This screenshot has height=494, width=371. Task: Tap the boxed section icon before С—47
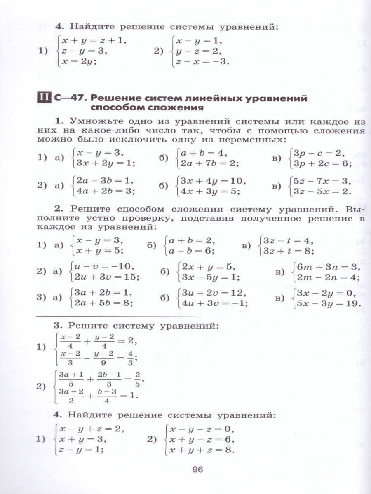pos(43,98)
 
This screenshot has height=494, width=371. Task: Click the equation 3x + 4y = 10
pos(210,181)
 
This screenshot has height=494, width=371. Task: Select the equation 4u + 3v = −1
pos(212,304)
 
